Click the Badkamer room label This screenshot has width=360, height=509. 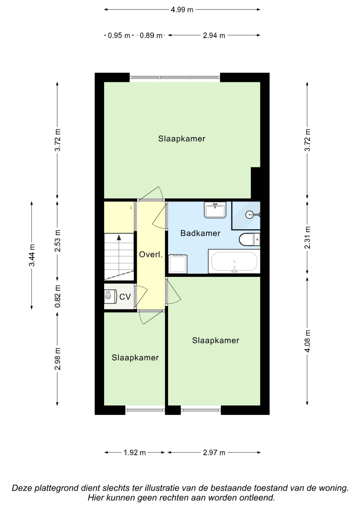coord(200,233)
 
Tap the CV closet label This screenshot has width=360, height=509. coord(125,297)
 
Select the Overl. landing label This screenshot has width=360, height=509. coord(151,254)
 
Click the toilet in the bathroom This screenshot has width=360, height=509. coord(249,239)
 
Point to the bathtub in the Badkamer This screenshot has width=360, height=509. coord(234,261)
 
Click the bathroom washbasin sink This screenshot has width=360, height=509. coord(215,210)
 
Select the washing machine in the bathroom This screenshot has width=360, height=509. coord(178,264)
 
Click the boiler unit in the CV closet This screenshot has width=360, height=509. coord(110,297)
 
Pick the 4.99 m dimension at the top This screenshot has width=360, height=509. coord(182,10)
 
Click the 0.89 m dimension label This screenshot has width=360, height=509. coord(151,35)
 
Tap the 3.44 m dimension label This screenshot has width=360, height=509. coord(32,255)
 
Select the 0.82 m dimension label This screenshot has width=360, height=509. coord(58,296)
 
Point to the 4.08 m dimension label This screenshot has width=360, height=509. coord(307,341)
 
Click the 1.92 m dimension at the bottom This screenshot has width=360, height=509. coord(135,453)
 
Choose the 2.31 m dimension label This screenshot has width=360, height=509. coord(307,238)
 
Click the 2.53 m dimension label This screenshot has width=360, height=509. coord(58,241)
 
